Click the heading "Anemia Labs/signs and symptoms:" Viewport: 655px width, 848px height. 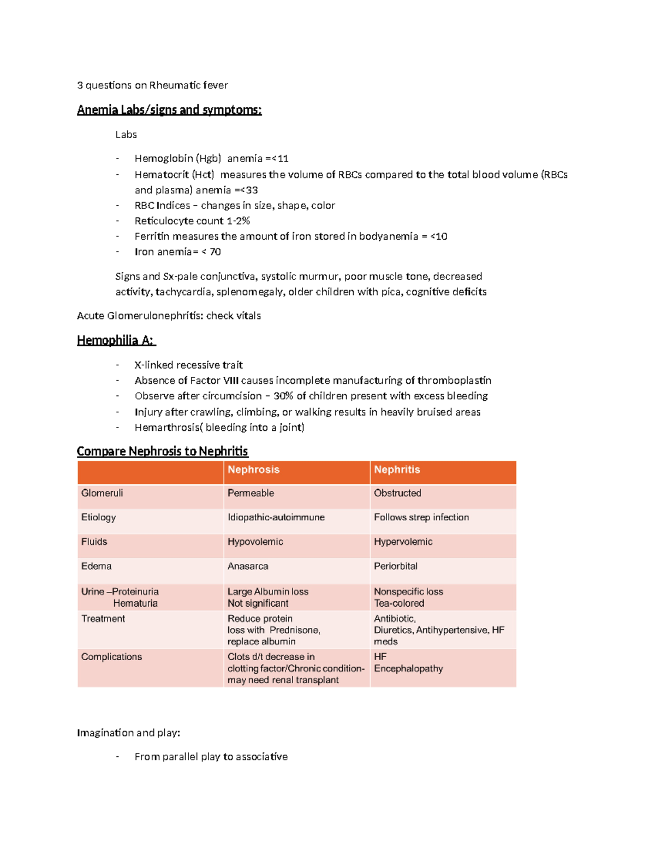tap(169, 110)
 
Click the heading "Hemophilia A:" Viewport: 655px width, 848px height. tap(116, 340)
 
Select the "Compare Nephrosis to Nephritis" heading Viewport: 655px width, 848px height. tap(162, 451)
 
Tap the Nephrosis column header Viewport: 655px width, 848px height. tap(253, 470)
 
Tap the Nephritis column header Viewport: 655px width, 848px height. tap(397, 470)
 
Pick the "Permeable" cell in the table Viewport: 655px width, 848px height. tap(251, 493)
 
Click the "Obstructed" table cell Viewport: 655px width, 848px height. tap(397, 493)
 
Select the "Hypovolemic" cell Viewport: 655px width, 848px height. tap(255, 542)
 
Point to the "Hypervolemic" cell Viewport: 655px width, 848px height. tap(403, 542)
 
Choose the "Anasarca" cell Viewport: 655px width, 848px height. tap(248, 566)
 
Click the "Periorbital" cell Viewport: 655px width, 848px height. tap(395, 566)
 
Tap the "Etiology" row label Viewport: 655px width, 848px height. tap(98, 517)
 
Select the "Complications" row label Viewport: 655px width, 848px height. tap(111, 657)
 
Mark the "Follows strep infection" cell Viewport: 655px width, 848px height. tap(421, 517)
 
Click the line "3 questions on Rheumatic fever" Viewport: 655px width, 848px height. tap(152, 85)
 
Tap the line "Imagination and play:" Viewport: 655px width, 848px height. tap(128, 733)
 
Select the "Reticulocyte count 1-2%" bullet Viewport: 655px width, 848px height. tap(192, 221)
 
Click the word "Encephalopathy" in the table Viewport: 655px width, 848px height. tap(408, 668)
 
